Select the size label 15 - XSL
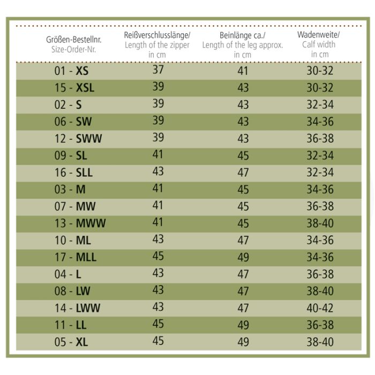tap(74, 88)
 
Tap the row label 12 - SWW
tap(78, 139)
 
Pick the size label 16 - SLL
tap(73, 172)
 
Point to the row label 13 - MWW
tap(80, 223)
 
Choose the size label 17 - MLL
tap(75, 257)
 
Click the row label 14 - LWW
tap(77, 308)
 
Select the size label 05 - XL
tap(71, 342)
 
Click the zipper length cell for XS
tap(158, 70)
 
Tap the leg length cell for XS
tap(243, 71)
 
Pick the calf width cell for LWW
tap(320, 308)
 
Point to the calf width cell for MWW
tap(320, 223)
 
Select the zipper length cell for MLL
tap(158, 257)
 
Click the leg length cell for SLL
tap(243, 172)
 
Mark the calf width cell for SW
tap(320, 122)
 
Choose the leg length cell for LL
tap(243, 325)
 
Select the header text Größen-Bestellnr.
tap(73, 39)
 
